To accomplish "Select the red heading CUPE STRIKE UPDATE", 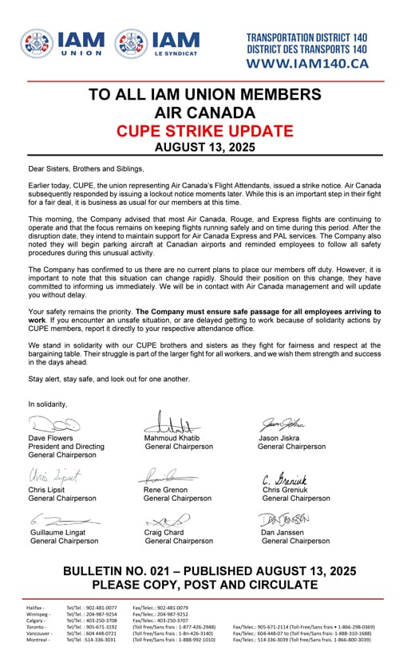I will pos(203,130).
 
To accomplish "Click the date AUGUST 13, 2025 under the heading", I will pos(203,147).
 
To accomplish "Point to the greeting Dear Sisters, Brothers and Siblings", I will pos(86,169).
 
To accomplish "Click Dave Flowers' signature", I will pos(54,424).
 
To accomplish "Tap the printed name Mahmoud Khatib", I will pos(172,439).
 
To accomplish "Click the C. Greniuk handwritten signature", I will pos(286,479).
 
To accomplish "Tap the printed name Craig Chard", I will pos(164,533).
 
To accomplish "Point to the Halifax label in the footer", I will pos(36,608).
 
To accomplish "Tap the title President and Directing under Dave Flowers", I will pos(66,447).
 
